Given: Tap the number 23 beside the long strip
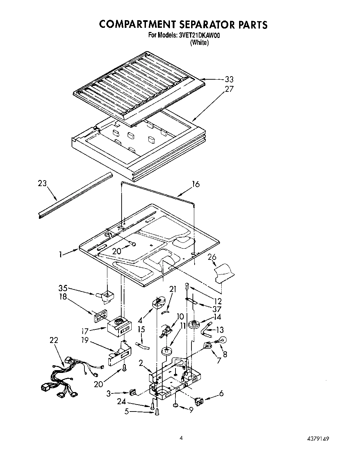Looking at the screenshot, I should [x=42, y=183].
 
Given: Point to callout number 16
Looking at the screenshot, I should [x=196, y=184].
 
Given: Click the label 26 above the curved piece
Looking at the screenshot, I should [x=212, y=257].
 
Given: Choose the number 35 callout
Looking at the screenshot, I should [x=63, y=288].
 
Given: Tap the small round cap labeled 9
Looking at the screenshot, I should [x=176, y=406].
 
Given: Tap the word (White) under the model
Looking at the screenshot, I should [x=199, y=42].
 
